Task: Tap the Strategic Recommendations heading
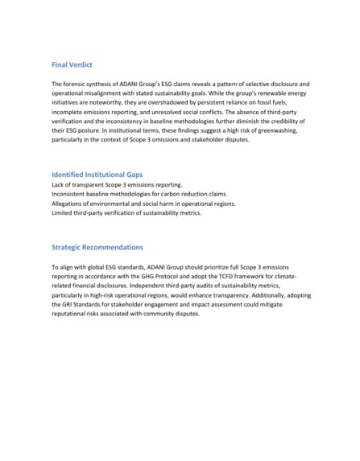97,247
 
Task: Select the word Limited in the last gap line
63,216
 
